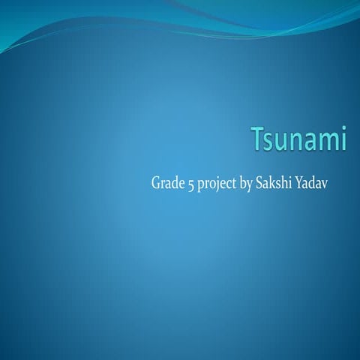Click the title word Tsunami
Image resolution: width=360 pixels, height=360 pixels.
tap(298, 141)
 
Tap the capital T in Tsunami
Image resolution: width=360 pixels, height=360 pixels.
tap(256, 141)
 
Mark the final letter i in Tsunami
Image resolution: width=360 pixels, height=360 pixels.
tap(342, 141)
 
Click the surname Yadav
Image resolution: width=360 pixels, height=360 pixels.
tap(313, 183)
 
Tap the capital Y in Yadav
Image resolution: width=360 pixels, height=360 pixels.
tap(300, 183)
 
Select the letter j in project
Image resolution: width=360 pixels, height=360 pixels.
tap(217, 184)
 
